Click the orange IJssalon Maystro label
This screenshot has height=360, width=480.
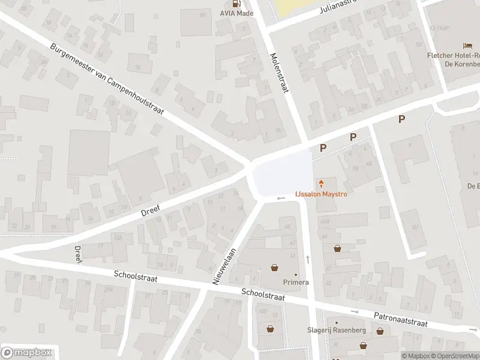321,194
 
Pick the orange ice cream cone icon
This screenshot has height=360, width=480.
322,183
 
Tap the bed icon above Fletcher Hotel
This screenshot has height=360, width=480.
467,46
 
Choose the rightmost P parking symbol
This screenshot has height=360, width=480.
401,119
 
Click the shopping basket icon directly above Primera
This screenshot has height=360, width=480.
275,268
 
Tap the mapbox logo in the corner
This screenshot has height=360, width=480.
26,353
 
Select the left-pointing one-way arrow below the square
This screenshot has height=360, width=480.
280,199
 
